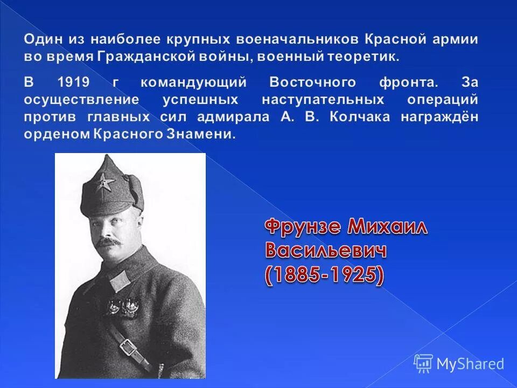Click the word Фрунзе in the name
pos(303,227)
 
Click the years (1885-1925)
pos(324,275)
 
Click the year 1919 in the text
pos(74,82)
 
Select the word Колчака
pos(364,117)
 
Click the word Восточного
pos(312,82)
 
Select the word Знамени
pos(207,134)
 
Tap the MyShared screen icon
pos(423,363)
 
